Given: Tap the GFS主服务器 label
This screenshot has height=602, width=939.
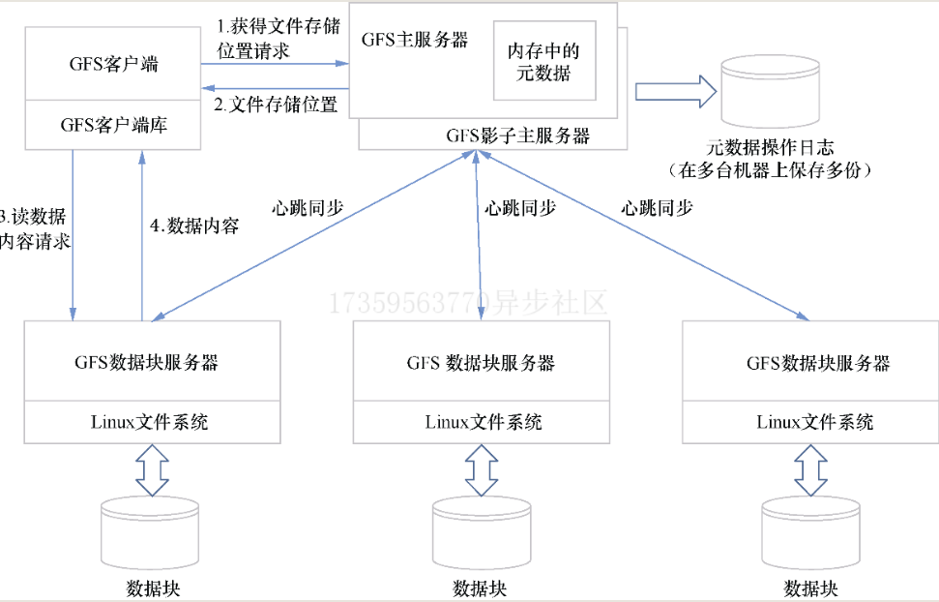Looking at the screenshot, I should pyautogui.click(x=415, y=40).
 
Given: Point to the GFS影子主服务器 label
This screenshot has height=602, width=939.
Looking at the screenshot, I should pyautogui.click(x=517, y=135).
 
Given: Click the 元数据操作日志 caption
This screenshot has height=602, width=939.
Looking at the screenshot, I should pyautogui.click(x=770, y=148).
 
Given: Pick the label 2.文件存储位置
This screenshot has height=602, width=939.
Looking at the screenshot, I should pyautogui.click(x=277, y=105).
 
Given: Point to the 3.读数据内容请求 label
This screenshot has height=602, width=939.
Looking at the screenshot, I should pyautogui.click(x=35, y=228).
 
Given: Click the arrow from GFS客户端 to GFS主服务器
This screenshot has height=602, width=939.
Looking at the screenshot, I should pyautogui.click(x=275, y=65).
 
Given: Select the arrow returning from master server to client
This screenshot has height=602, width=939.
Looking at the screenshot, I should pyautogui.click(x=275, y=87).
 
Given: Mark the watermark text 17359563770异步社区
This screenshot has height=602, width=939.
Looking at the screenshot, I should pyautogui.click(x=469, y=303).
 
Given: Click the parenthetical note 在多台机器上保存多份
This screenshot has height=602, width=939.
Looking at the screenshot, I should pyautogui.click(x=770, y=170).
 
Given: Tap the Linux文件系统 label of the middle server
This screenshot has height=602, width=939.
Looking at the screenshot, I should pyautogui.click(x=483, y=422).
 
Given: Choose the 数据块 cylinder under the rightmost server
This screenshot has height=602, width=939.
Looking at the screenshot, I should pyautogui.click(x=810, y=532).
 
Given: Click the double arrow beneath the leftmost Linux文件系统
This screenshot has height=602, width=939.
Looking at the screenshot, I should pyautogui.click(x=152, y=469).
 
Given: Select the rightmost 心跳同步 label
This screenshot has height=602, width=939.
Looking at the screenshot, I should pyautogui.click(x=658, y=207).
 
